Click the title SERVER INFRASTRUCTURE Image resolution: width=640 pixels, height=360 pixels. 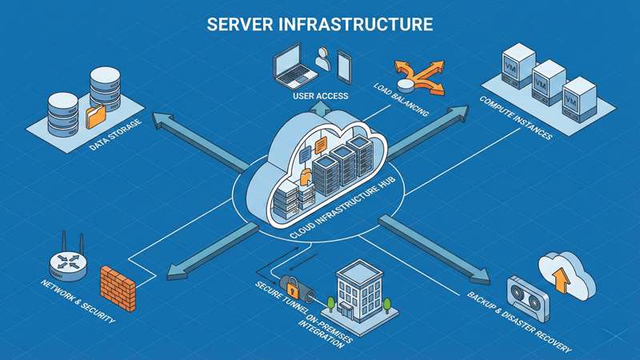tap(320, 23)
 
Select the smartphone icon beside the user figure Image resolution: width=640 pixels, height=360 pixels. tap(345, 66)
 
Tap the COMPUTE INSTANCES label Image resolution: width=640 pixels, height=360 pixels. tap(516, 120)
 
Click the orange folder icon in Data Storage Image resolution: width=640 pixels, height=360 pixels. tap(95, 116)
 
